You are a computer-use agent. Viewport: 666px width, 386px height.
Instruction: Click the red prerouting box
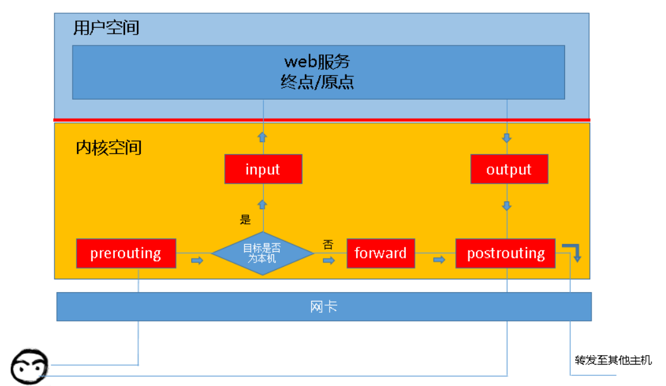[x=126, y=253]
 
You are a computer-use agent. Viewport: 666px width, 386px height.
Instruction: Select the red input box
[x=263, y=169]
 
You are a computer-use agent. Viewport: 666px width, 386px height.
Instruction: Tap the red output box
[x=509, y=169]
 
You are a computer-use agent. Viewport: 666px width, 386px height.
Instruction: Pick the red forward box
[x=381, y=253]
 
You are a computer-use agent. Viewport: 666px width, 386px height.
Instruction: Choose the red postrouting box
[x=506, y=253]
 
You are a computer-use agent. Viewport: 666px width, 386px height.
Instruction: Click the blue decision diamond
[x=263, y=253]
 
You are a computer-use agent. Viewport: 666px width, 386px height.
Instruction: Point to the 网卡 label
[x=324, y=307]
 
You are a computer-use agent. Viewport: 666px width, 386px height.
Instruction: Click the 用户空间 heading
[x=106, y=28]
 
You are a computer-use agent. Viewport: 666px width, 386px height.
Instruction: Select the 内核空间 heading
[x=109, y=148]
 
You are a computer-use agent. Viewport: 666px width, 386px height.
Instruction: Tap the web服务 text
[x=317, y=62]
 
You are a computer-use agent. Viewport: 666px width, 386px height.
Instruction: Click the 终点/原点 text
[x=317, y=81]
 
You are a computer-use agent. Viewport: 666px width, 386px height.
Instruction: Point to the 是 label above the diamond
[x=246, y=219]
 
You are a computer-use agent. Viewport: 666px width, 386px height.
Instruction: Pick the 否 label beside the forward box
[x=328, y=244]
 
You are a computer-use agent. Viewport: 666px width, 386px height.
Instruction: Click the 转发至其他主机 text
[x=614, y=360]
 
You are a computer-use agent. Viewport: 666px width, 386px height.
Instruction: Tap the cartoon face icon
[x=29, y=366]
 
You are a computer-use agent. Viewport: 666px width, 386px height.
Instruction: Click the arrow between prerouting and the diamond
[x=197, y=260]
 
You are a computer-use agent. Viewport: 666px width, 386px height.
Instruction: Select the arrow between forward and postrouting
[x=439, y=260]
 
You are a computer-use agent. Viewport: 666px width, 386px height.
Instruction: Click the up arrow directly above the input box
[x=263, y=137]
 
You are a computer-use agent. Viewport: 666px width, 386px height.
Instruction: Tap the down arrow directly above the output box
[x=507, y=138]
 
